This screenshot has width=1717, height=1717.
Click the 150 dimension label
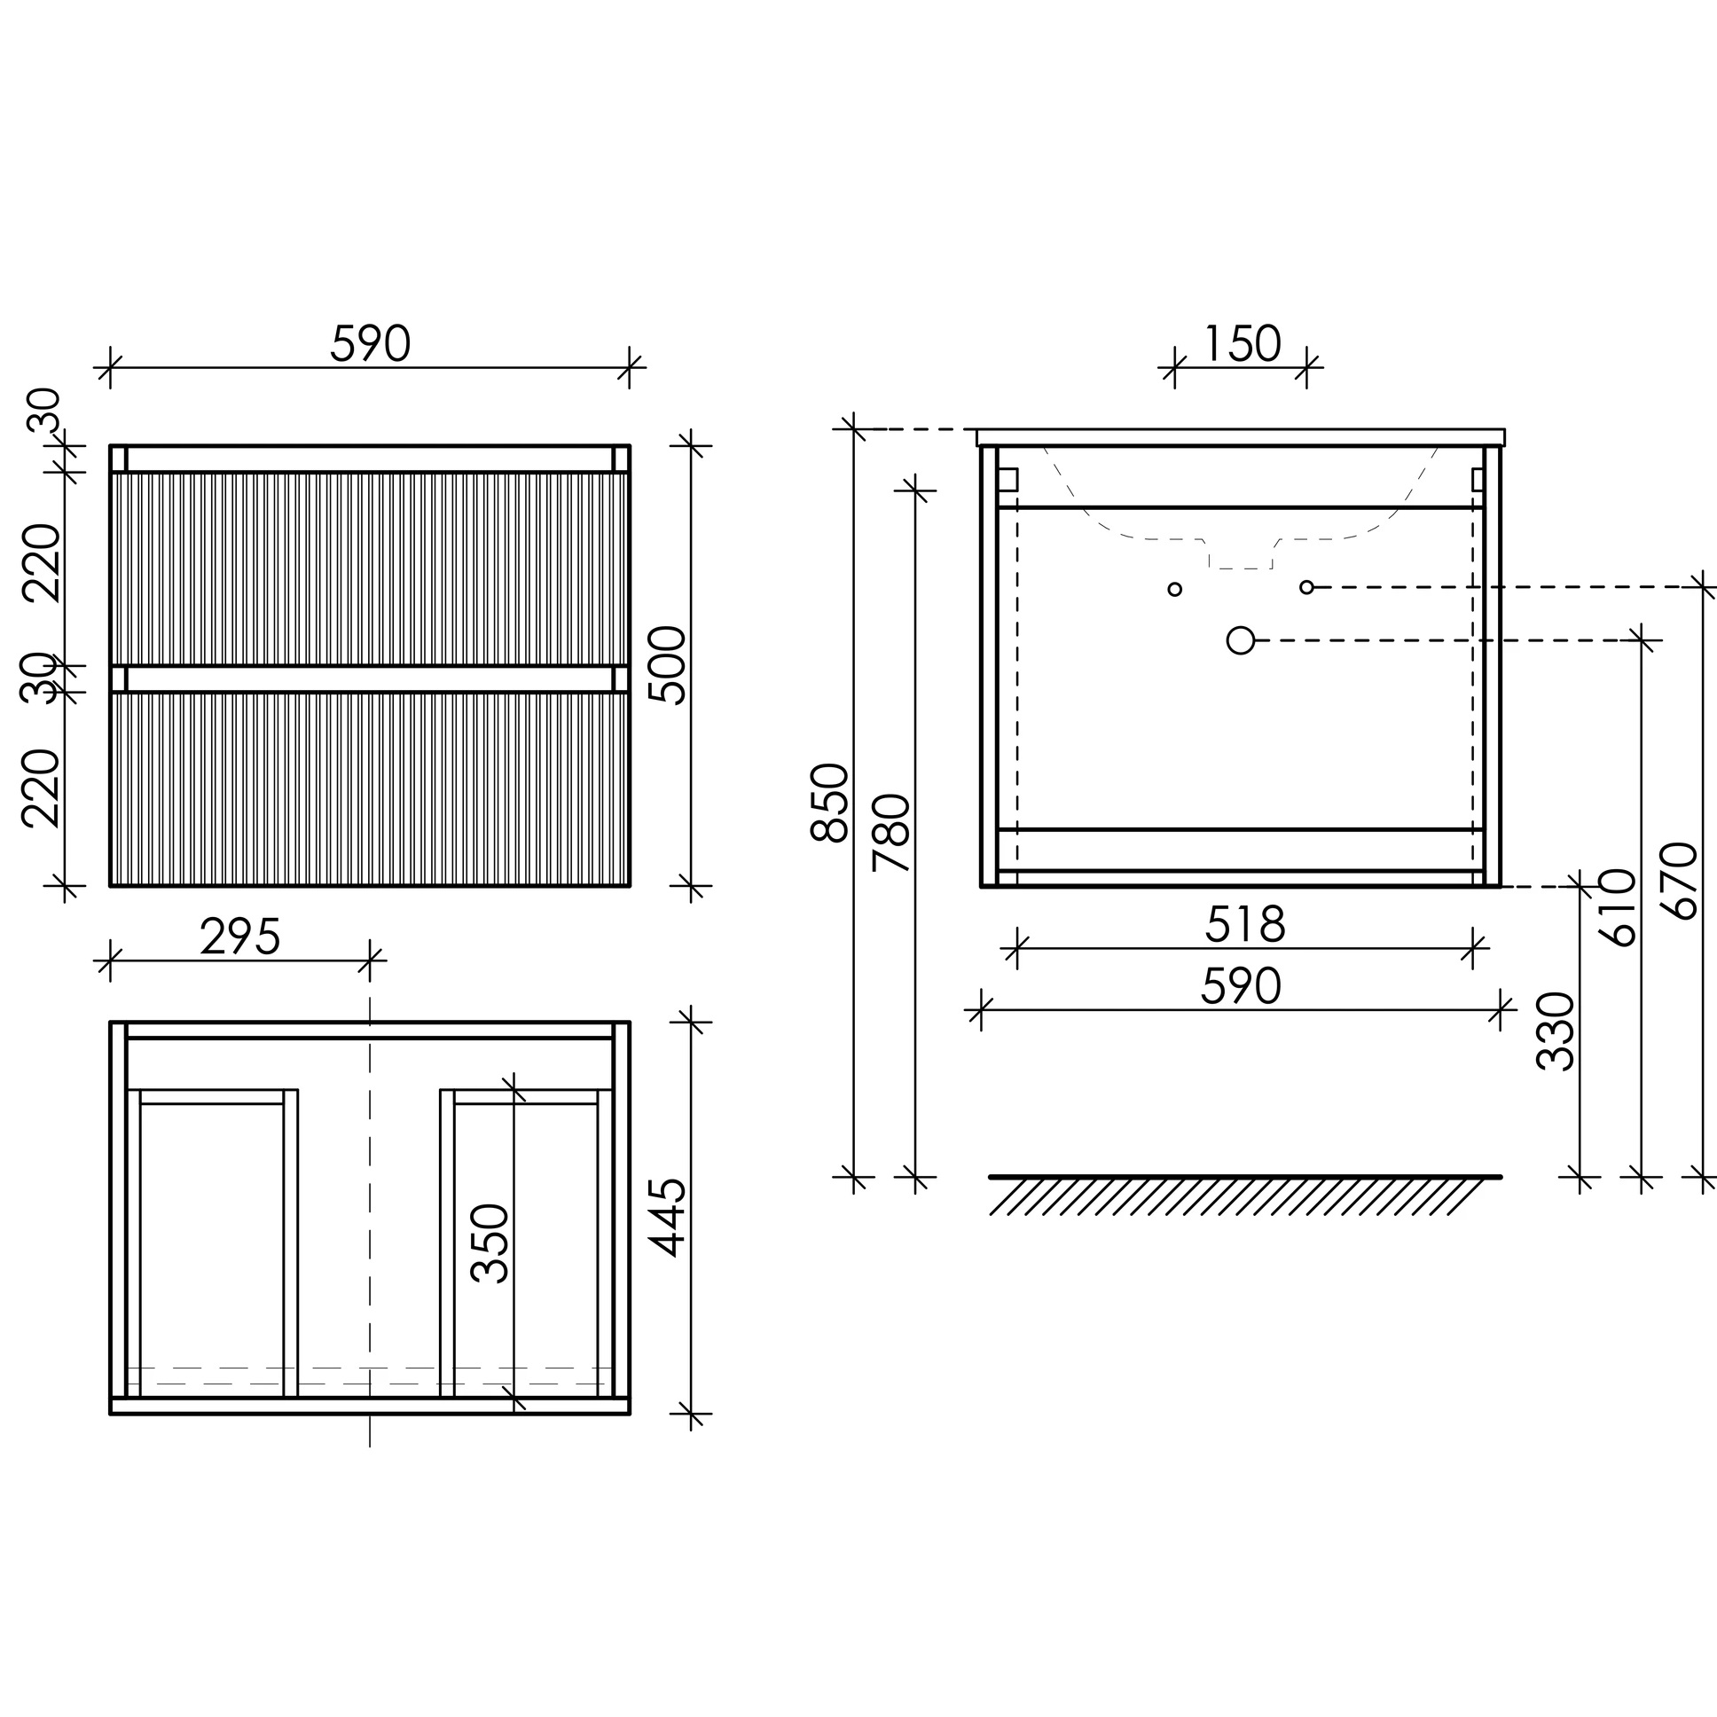1242,344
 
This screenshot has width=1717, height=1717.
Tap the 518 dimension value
1245,925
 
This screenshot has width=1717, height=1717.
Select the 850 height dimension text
830,802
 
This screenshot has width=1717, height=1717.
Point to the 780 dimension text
891,833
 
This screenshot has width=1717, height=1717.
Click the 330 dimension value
1556,1031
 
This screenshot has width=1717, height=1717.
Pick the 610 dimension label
1617,907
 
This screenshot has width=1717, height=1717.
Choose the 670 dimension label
1679,881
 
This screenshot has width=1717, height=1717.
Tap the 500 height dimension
668,666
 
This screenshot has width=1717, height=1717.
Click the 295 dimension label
240,937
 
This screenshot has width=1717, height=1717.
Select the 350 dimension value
490,1244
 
